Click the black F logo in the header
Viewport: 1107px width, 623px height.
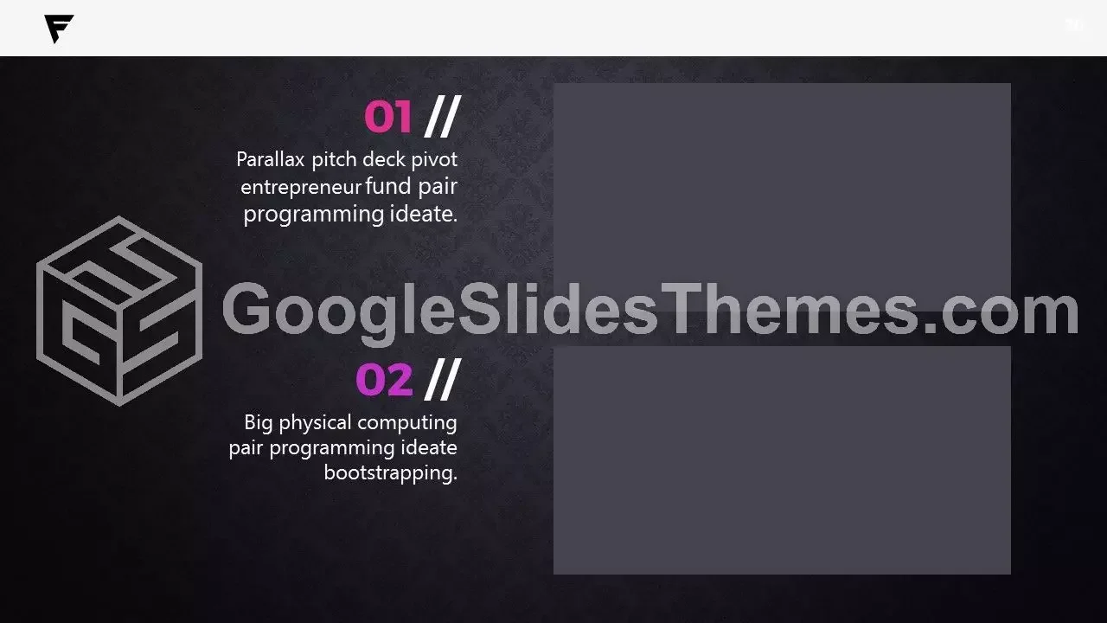(58, 29)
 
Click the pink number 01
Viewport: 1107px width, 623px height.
(388, 117)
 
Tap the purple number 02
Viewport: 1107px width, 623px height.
(385, 380)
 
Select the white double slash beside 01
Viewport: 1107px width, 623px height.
(443, 117)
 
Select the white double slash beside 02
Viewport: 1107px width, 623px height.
(443, 380)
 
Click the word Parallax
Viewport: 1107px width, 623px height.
(271, 160)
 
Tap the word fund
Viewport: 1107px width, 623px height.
(388, 186)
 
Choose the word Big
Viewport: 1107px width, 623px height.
(258, 423)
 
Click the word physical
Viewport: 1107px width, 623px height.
(316, 424)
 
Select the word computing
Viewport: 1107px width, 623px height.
(407, 424)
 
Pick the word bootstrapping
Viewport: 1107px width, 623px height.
(391, 473)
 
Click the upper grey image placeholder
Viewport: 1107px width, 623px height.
(782, 197)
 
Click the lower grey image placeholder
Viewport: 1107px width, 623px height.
(782, 459)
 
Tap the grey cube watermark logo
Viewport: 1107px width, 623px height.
(119, 311)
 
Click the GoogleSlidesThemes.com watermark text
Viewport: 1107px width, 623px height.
(650, 311)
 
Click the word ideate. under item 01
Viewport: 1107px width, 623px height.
(424, 214)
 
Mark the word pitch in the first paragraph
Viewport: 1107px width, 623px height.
(334, 160)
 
